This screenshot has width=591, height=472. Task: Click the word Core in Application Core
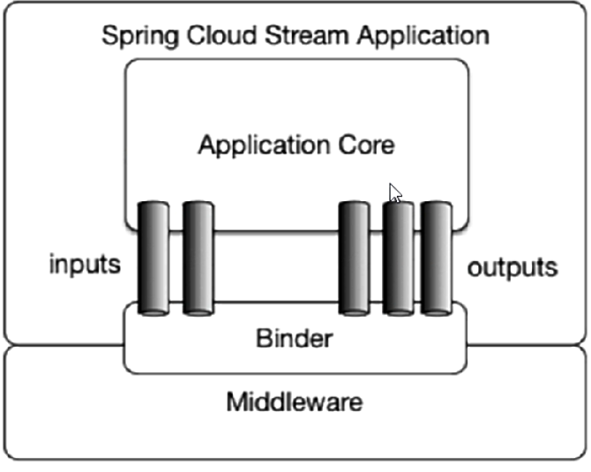point(362,144)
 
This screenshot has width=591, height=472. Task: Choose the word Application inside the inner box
point(258,145)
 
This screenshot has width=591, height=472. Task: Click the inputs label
point(85,266)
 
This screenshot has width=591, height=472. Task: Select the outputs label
point(512,266)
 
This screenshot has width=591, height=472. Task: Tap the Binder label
point(294,337)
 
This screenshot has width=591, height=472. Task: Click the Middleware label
point(294,403)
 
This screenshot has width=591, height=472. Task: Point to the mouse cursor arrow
point(395,193)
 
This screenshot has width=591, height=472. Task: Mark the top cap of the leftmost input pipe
point(153,206)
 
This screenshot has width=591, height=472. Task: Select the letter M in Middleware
point(236,403)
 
